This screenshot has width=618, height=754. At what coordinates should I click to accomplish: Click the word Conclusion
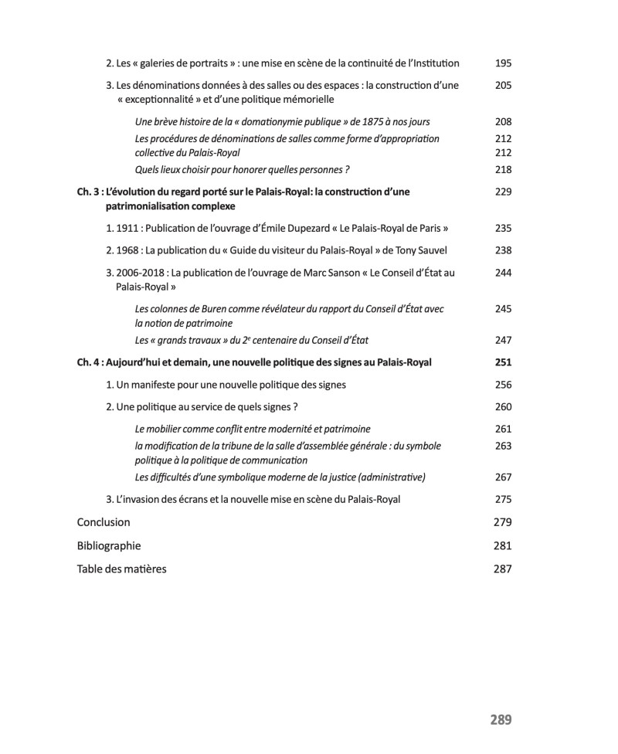[x=104, y=522]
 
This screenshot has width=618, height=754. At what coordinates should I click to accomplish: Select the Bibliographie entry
[x=109, y=545]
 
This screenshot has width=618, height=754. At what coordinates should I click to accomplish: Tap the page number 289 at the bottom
[x=501, y=720]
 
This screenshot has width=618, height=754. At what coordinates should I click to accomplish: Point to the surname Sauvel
[x=430, y=250]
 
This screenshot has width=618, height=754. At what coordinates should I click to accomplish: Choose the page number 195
[x=504, y=63]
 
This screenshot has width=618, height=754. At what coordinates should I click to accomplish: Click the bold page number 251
[x=504, y=362]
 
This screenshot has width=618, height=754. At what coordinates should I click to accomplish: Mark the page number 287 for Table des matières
[x=503, y=569]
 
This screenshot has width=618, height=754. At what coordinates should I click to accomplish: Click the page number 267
[x=504, y=477]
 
